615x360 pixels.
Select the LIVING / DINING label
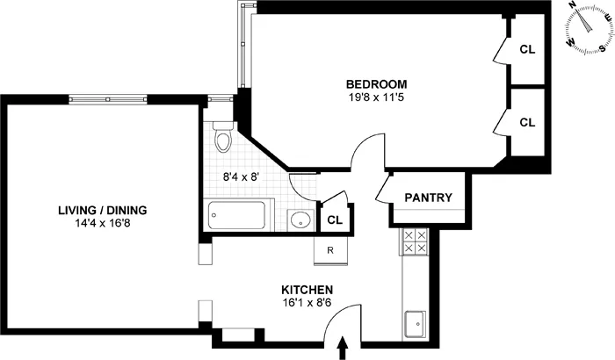click(102, 210)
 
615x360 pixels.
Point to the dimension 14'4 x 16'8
click(102, 223)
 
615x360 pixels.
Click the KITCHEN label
click(307, 290)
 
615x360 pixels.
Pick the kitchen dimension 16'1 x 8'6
click(307, 303)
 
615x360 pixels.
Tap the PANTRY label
click(428, 198)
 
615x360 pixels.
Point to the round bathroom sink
click(300, 220)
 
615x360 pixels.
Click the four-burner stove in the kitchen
click(414, 241)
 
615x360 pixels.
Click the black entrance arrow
click(342, 350)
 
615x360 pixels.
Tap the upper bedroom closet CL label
click(527, 50)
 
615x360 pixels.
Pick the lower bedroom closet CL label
click(527, 122)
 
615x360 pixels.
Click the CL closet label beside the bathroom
click(334, 220)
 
